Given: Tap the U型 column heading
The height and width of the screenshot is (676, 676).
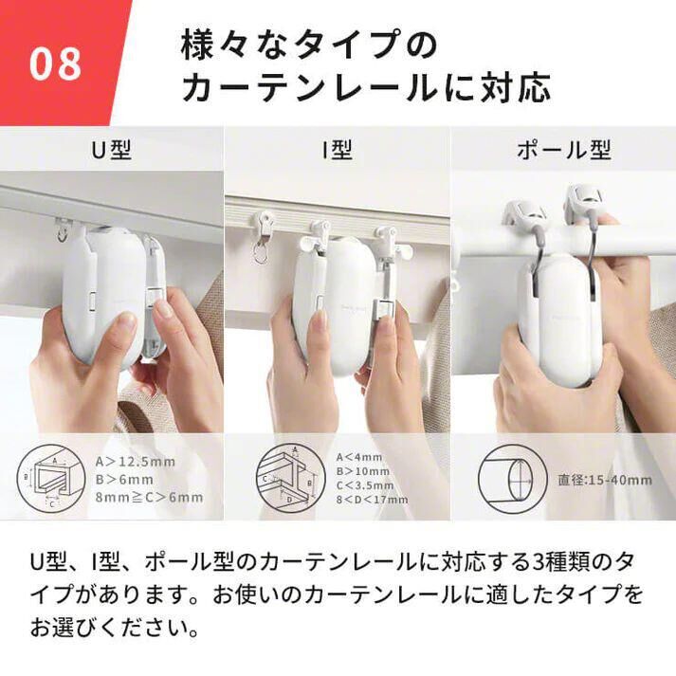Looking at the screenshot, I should [x=112, y=150].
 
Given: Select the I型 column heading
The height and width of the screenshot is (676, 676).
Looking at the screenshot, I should [x=337, y=150].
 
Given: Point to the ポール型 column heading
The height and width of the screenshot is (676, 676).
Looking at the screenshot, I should [x=563, y=150].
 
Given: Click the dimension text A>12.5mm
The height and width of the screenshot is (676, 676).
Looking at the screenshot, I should [x=136, y=462].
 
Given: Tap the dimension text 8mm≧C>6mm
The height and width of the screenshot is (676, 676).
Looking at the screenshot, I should [x=150, y=497].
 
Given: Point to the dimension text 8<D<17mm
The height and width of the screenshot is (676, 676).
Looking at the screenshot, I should [x=373, y=500].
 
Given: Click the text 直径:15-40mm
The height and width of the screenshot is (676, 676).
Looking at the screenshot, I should [x=603, y=480].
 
